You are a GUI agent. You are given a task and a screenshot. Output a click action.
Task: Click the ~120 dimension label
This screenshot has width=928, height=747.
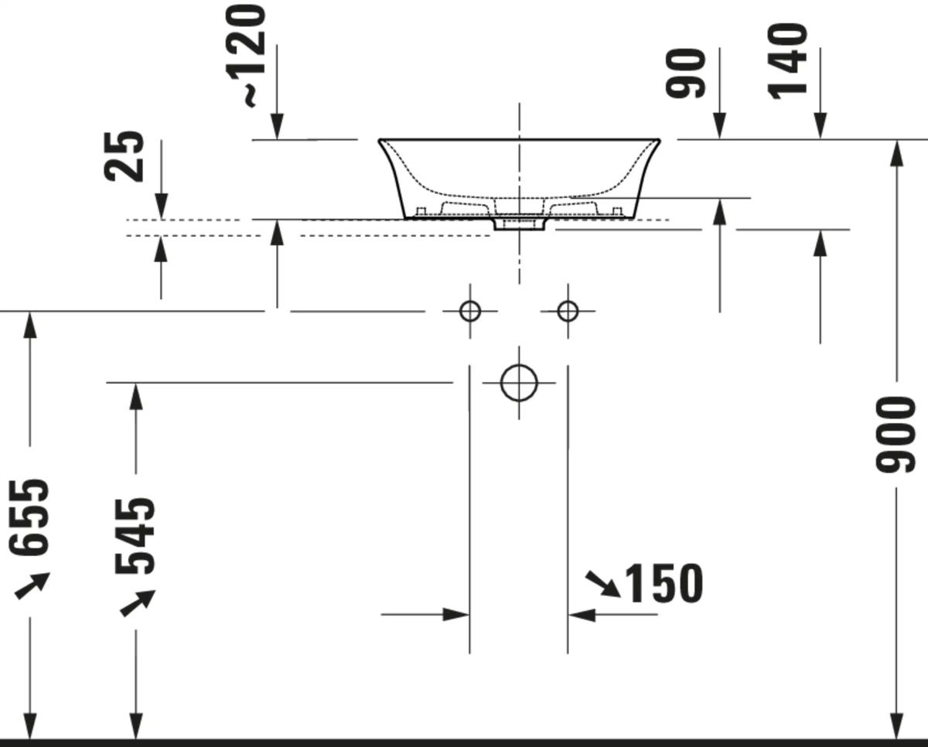[247, 56]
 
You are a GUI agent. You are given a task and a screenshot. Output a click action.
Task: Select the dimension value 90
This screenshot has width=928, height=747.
[685, 73]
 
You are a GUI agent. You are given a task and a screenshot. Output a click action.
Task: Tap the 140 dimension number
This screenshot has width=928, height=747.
[787, 61]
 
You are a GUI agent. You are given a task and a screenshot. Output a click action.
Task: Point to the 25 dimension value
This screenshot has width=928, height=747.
[123, 155]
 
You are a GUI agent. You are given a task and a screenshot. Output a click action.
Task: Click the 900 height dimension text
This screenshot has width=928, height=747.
[896, 435]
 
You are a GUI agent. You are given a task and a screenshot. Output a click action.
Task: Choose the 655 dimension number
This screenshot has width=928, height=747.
[29, 517]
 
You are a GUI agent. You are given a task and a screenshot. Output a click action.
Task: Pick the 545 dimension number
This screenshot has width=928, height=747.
[135, 536]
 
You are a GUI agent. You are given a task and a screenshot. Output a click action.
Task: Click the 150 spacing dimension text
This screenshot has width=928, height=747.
[664, 583]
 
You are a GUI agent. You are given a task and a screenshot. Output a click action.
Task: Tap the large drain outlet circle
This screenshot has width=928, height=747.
[519, 383]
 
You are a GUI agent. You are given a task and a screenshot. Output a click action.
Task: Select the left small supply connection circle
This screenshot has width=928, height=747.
[470, 311]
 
